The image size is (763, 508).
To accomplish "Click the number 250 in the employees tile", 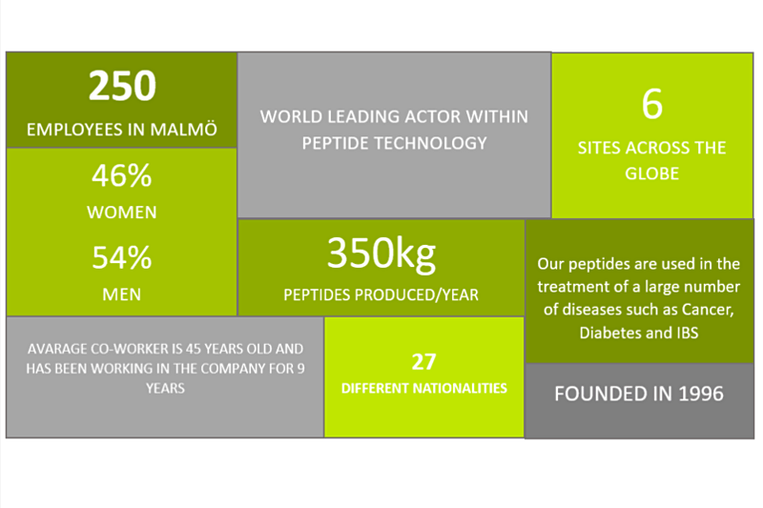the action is coord(122,86).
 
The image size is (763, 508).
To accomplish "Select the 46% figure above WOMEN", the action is coord(122,175).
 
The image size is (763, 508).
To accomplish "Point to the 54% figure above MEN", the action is coord(122,257).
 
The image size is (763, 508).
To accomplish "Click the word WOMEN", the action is coord(122,213).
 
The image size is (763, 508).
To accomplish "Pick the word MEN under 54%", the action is coord(122,295).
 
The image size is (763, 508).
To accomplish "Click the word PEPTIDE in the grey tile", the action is coord(336,143).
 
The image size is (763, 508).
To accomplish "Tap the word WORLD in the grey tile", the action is coord(291,116).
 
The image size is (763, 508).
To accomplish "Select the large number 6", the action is coord(652,104).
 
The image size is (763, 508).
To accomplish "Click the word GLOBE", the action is coord(652,173).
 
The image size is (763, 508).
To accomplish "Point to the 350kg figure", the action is coord(381,254).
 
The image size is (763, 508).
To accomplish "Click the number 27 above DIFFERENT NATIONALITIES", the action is coord(423,362).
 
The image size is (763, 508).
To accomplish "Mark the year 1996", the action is coord(701,394).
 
